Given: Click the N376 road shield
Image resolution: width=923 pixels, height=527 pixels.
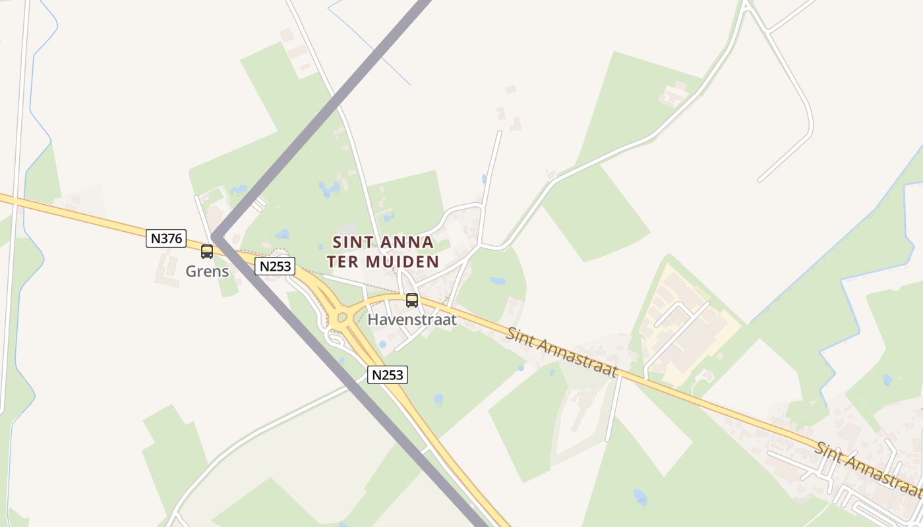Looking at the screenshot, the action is point(166,238).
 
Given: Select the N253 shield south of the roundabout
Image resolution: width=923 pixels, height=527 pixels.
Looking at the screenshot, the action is point(388,375).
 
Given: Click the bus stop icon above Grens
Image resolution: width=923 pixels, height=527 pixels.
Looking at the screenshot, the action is point(207,251).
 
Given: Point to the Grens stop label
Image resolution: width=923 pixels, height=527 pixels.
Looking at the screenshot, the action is point(207,271).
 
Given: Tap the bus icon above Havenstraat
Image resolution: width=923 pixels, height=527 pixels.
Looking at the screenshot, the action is point(412,300).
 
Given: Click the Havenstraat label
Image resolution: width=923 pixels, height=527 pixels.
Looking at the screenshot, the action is point(412,320).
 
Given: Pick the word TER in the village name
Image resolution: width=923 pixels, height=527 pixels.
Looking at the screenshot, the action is point(342,262).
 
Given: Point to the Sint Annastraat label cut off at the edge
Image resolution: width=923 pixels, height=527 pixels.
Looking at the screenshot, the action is point(867,468).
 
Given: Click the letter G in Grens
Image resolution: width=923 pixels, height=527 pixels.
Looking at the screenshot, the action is point(191,271).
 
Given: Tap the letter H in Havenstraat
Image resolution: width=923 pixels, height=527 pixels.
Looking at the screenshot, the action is point(373,320).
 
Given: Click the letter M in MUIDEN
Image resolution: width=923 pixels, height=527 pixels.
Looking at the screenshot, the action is point(373,262).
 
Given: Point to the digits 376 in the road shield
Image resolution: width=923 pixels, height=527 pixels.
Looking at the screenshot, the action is point(171,238).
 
